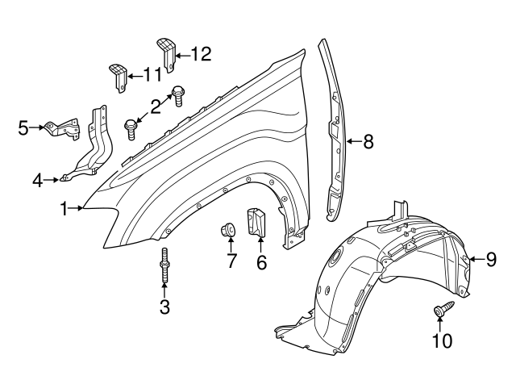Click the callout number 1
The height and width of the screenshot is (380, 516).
64,209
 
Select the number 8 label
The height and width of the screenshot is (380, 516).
368,143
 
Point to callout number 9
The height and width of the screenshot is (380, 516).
491,260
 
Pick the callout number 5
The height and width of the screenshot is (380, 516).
23,127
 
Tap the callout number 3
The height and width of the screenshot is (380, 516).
164,307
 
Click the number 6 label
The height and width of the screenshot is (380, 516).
260,262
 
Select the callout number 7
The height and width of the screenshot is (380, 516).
231,262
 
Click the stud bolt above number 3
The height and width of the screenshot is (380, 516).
164,266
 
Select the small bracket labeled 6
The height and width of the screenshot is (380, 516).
256,223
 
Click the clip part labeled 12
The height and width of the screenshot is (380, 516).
166,52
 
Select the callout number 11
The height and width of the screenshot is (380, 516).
152,75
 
